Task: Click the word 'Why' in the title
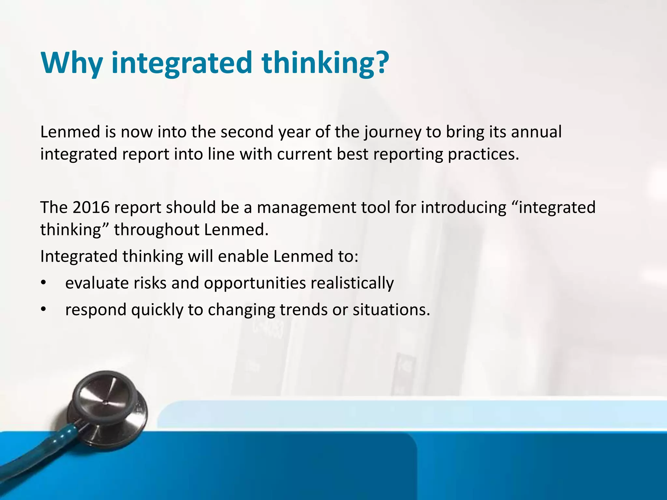tap(71, 62)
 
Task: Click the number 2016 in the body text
tap(91, 207)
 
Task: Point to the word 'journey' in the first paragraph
tap(392, 132)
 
